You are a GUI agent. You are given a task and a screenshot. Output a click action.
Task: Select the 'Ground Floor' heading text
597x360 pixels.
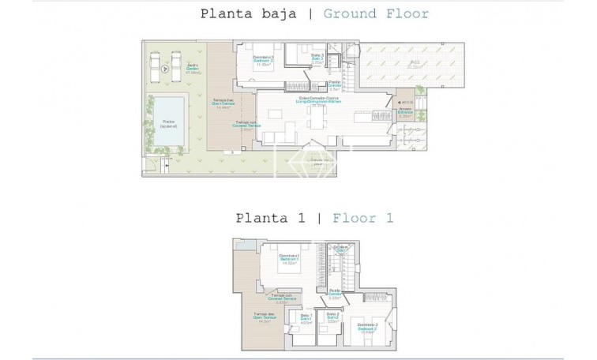[x=365, y=13]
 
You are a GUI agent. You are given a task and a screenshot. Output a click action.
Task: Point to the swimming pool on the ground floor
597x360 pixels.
[x=168, y=121]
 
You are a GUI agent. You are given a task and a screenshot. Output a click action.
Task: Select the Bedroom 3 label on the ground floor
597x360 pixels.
[x=264, y=60]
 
